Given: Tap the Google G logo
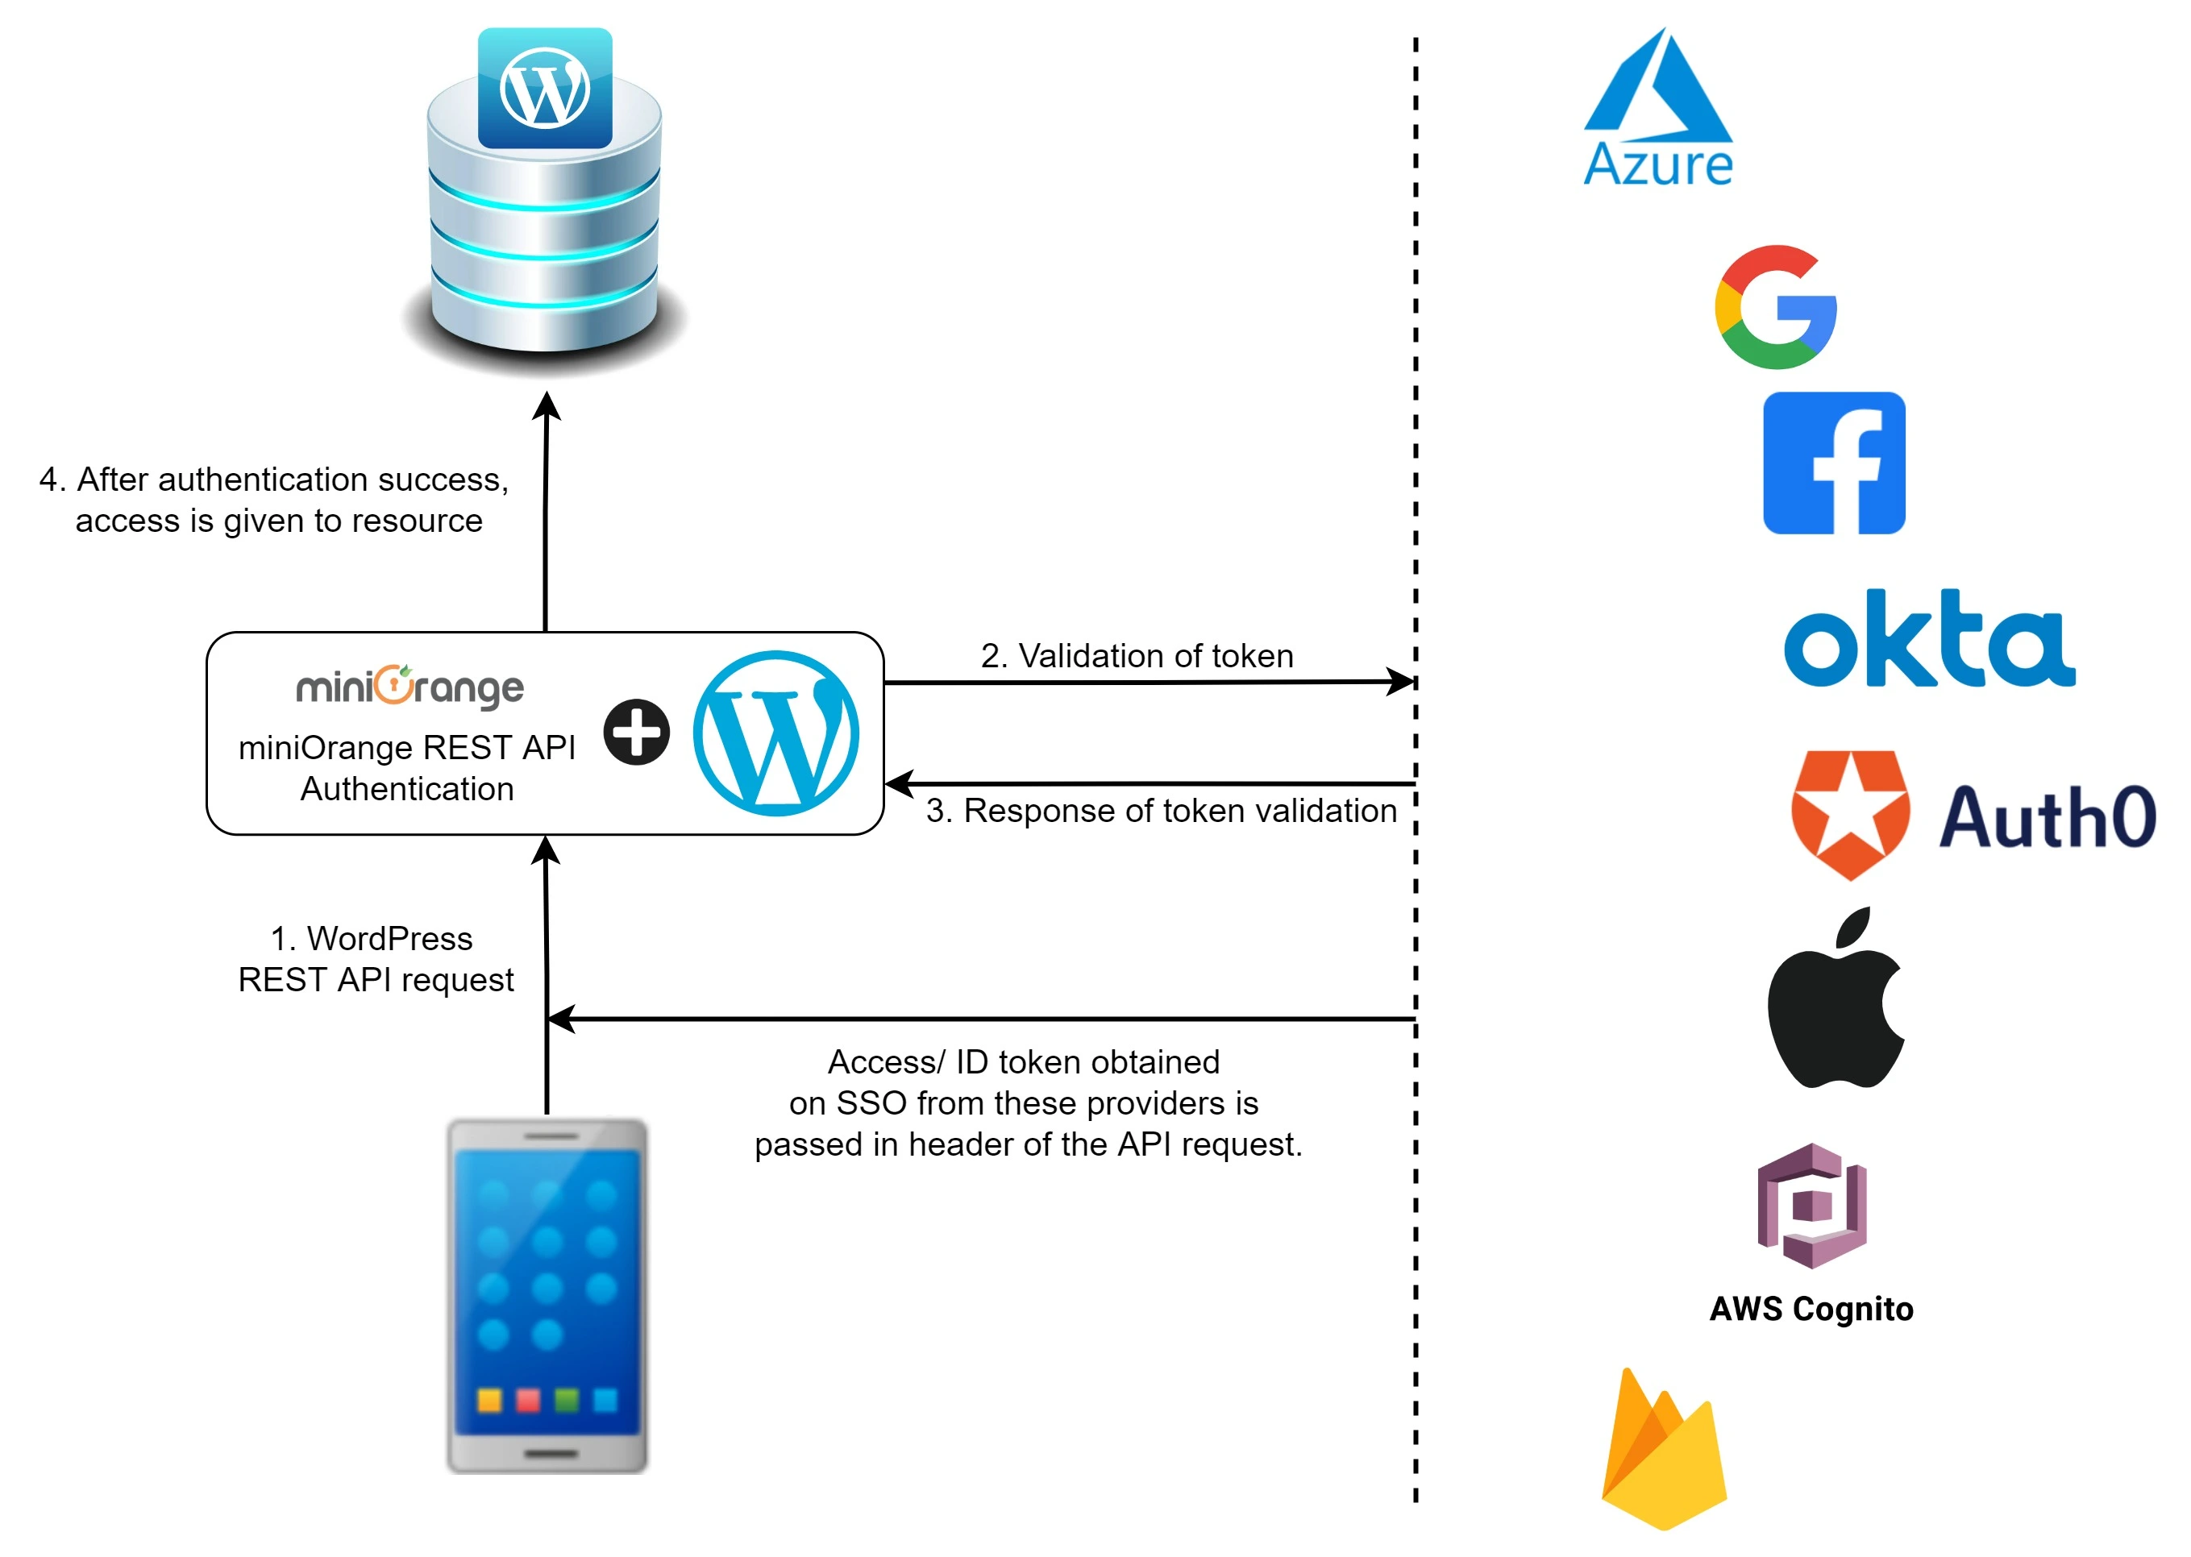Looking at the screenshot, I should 1775,307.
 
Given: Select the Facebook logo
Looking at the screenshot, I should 1833,463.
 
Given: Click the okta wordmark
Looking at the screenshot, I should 1928,640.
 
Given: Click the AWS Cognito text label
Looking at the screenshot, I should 1811,1309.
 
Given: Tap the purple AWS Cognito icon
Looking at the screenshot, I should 1811,1206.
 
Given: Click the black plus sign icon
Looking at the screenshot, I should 636,733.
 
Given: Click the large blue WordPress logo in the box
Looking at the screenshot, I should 775,733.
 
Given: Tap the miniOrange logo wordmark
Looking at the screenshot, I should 410,687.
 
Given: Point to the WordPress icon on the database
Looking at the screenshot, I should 545,88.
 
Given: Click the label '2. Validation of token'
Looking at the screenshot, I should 1137,656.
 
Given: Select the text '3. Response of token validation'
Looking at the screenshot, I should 1160,811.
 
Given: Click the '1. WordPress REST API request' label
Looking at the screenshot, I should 375,959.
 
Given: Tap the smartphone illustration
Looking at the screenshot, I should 547,1295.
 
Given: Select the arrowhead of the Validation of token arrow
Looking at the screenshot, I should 1402,682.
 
